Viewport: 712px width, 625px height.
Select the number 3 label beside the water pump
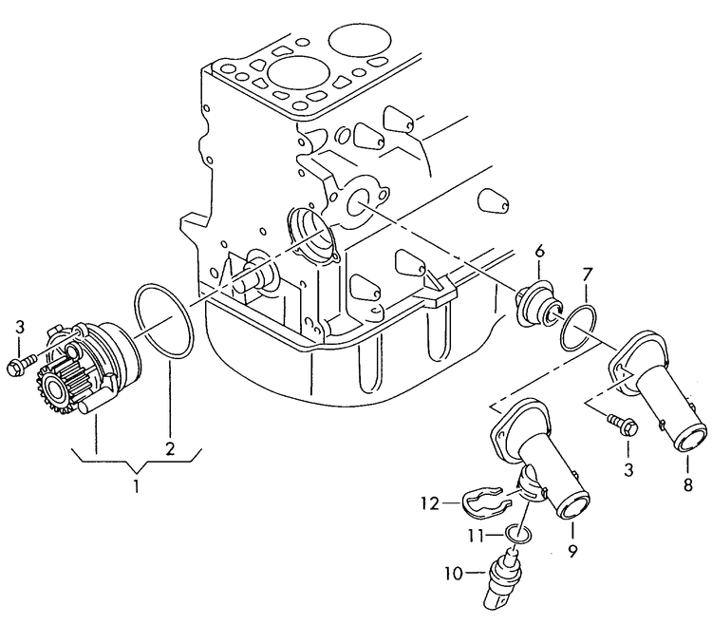coord(19,329)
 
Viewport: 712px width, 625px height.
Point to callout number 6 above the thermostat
coord(539,251)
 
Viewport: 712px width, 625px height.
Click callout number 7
coord(588,276)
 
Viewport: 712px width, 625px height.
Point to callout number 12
coord(429,503)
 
